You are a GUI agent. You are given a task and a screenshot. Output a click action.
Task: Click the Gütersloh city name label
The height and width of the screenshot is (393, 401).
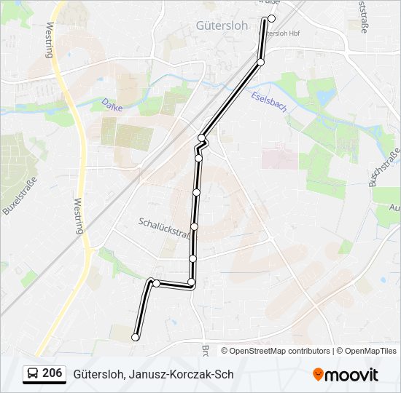[x=222, y=25]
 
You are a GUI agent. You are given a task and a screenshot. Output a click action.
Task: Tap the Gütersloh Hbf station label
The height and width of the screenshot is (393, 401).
[x=280, y=33]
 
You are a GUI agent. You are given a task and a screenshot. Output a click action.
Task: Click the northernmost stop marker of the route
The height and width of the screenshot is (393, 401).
[x=272, y=18]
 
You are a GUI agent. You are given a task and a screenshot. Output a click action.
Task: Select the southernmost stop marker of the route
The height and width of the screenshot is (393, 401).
[x=135, y=337]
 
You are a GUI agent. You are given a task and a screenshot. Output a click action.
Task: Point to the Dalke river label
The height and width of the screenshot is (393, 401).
[x=112, y=105]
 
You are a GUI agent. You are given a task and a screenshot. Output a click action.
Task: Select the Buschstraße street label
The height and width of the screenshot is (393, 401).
[x=384, y=167]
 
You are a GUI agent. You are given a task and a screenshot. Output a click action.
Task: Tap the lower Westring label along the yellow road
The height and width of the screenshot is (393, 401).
[x=79, y=216]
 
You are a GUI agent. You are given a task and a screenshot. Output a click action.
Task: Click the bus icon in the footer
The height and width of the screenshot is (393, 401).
[x=33, y=374]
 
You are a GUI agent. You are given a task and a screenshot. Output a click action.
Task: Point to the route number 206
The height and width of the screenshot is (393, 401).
[x=52, y=373]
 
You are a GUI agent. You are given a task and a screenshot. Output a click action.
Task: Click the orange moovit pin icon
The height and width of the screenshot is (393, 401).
[x=318, y=375]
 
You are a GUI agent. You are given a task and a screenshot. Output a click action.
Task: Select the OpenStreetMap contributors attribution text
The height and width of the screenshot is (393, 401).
[x=279, y=351]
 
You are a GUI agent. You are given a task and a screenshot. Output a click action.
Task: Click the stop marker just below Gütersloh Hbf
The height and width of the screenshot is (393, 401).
[x=260, y=62]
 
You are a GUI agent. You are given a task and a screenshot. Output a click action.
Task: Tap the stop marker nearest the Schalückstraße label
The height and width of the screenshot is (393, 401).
[x=194, y=226]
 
